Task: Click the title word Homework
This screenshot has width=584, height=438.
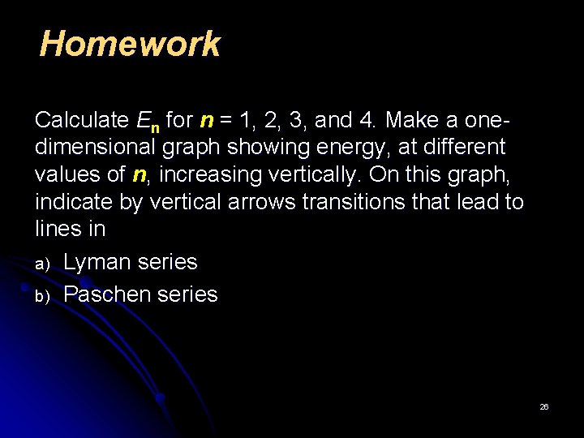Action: [x=130, y=44]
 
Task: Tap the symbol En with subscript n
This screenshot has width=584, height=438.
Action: [x=148, y=122]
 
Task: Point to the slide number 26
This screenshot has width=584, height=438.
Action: [x=544, y=406]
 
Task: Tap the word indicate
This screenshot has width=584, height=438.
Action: [x=74, y=202]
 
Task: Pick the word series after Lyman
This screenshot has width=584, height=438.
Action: [x=168, y=263]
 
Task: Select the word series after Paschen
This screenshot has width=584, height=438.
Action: [x=188, y=294]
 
